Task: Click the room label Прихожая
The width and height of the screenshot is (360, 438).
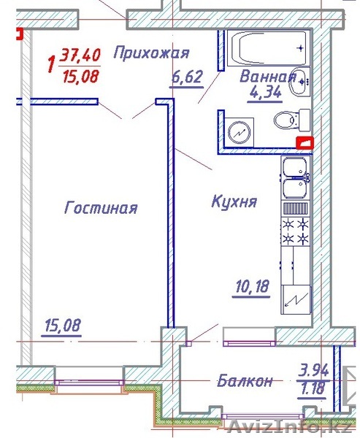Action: pyautogui.click(x=152, y=53)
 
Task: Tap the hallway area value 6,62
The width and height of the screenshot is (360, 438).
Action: pyautogui.click(x=186, y=77)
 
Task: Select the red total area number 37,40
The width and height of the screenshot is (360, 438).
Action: pyautogui.click(x=80, y=55)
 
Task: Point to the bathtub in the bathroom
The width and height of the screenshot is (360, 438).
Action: pyautogui.click(x=268, y=48)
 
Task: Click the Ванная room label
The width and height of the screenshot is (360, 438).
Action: pyautogui.click(x=268, y=77)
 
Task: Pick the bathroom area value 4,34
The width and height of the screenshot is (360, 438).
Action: pyautogui.click(x=264, y=93)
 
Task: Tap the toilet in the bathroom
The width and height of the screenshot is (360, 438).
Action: pyautogui.click(x=292, y=120)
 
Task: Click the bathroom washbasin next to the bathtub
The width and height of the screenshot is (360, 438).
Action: pyautogui.click(x=300, y=82)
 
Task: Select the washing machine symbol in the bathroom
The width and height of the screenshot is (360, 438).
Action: pyautogui.click(x=240, y=132)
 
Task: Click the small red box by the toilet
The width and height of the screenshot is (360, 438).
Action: pyautogui.click(x=305, y=142)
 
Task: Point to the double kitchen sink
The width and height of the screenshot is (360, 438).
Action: pyautogui.click(x=296, y=178)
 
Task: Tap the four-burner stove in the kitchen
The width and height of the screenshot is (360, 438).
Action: pyautogui.click(x=296, y=231)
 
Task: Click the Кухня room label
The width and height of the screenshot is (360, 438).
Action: pyautogui.click(x=234, y=201)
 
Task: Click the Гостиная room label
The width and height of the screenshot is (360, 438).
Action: pyautogui.click(x=101, y=208)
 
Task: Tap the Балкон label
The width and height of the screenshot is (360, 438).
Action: pyautogui.click(x=245, y=381)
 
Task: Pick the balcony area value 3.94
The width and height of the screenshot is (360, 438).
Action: pyautogui.click(x=313, y=372)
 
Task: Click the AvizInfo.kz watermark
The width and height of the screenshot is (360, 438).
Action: pyautogui.click(x=290, y=427)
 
